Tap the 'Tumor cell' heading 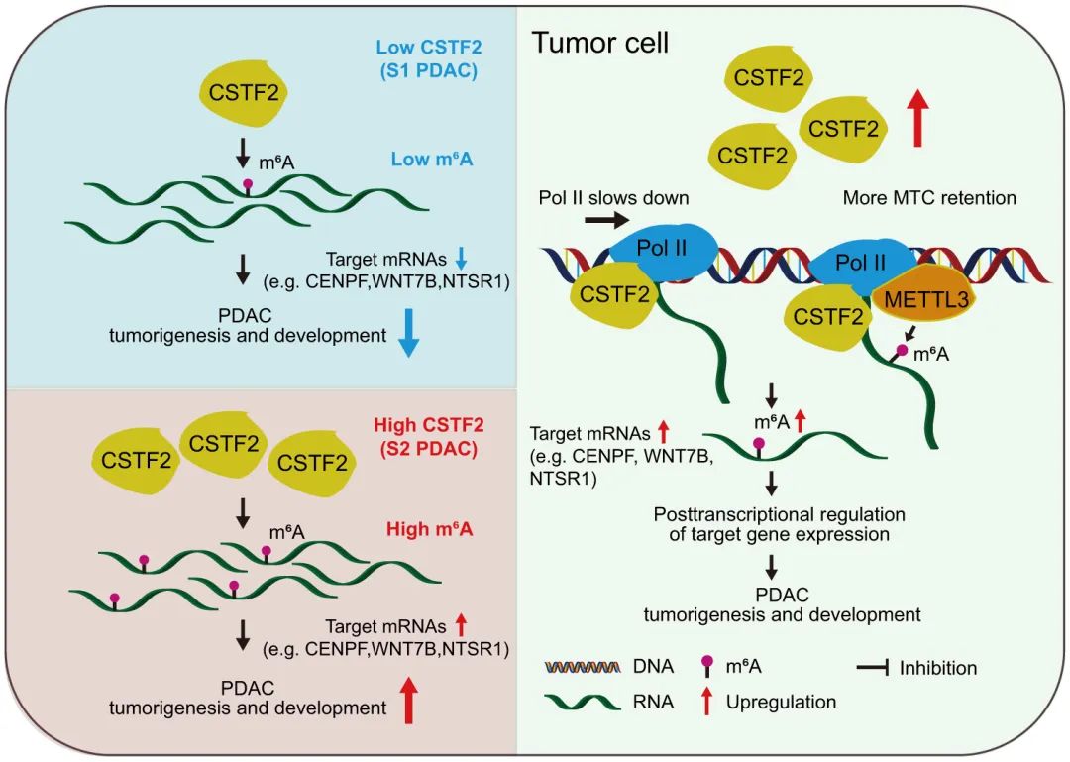601,43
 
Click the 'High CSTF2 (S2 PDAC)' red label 429,436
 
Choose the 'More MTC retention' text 929,198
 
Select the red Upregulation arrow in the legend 706,702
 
